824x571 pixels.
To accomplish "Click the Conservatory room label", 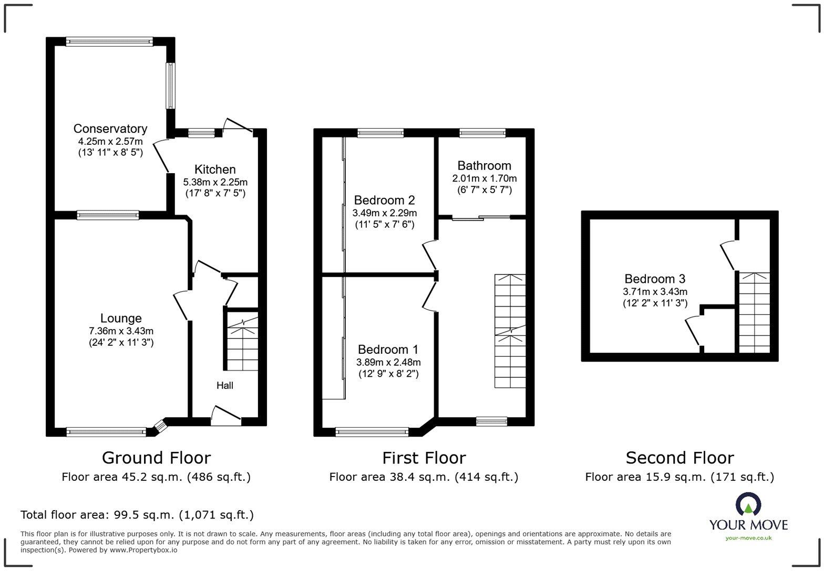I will (110, 129).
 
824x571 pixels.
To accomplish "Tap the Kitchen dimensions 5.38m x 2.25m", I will (215, 182).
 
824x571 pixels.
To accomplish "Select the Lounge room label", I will (121, 318).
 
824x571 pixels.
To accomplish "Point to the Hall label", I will (225, 385).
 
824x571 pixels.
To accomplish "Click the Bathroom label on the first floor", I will (484, 166).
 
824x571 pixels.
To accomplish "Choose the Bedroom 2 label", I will (384, 200).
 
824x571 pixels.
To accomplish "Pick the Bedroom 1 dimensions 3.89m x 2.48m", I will (388, 362).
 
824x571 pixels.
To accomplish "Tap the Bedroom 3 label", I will (655, 279).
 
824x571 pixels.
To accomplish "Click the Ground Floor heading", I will (156, 458).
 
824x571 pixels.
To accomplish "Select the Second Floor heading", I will (679, 458).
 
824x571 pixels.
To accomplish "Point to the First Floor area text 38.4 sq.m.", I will (424, 477).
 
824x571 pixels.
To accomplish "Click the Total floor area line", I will (137, 515).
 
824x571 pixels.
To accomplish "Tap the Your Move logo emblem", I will (748, 505).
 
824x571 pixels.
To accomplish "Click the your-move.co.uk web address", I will (748, 537).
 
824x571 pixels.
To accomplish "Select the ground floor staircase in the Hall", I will (242, 341).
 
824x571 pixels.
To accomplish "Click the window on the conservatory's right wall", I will (171, 86).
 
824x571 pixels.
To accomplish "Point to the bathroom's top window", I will (482, 133).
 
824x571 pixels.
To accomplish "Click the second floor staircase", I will (755, 312).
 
